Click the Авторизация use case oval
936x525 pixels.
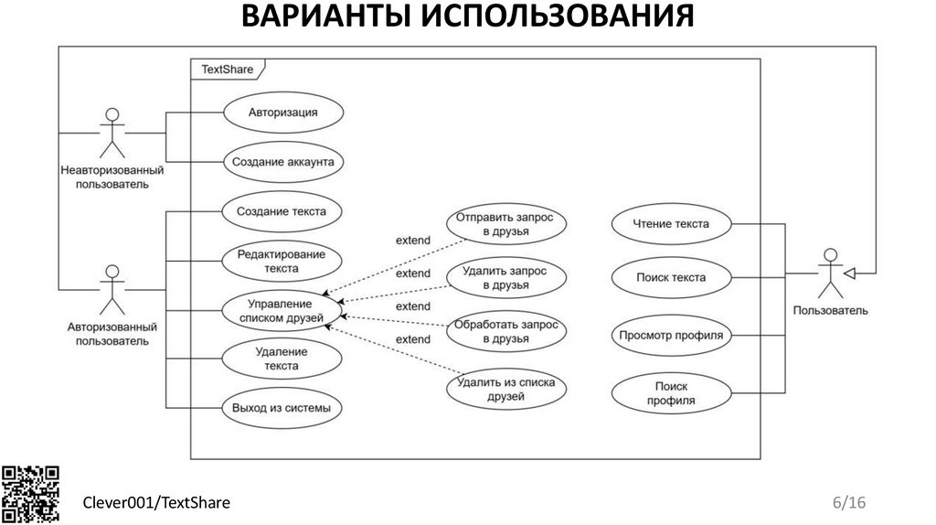(282, 113)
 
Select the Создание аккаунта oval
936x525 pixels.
(282, 162)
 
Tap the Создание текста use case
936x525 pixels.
(282, 211)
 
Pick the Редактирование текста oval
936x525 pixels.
(282, 262)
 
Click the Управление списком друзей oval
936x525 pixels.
(282, 311)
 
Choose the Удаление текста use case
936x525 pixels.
(282, 359)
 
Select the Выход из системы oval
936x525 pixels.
(282, 408)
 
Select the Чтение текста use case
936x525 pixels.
(671, 223)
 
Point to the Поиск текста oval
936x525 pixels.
(671, 276)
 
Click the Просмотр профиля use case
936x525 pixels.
(671, 335)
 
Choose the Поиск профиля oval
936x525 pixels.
(671, 393)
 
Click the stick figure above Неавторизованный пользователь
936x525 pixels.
(112, 133)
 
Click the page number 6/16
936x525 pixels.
(848, 502)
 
